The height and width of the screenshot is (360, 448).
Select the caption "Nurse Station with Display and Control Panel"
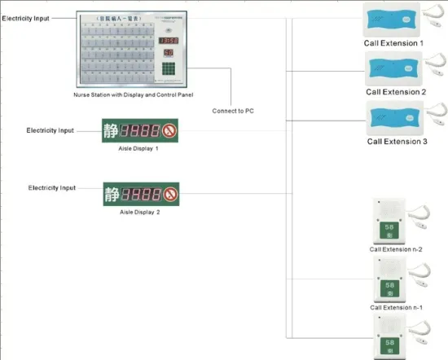pos(132,96)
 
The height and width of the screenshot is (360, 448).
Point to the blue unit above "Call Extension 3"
pos(392,117)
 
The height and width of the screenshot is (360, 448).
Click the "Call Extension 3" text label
pos(397,142)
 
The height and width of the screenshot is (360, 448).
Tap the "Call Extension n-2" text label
pos(396,249)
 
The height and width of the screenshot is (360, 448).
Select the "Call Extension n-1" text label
pos(396,307)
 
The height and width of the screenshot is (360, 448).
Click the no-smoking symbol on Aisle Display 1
pos(169,130)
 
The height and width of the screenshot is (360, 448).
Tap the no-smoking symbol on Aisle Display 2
pos(170,195)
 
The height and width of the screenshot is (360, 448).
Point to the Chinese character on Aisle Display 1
pos(111,130)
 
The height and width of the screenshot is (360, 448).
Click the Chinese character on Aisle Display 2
pos(113,195)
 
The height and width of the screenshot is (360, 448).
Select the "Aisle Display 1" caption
pos(139,149)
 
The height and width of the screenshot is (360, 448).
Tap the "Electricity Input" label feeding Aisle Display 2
pos(51,188)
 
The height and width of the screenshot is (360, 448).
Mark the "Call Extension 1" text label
pos(394,42)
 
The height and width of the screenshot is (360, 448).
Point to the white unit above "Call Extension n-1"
pos(389,278)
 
